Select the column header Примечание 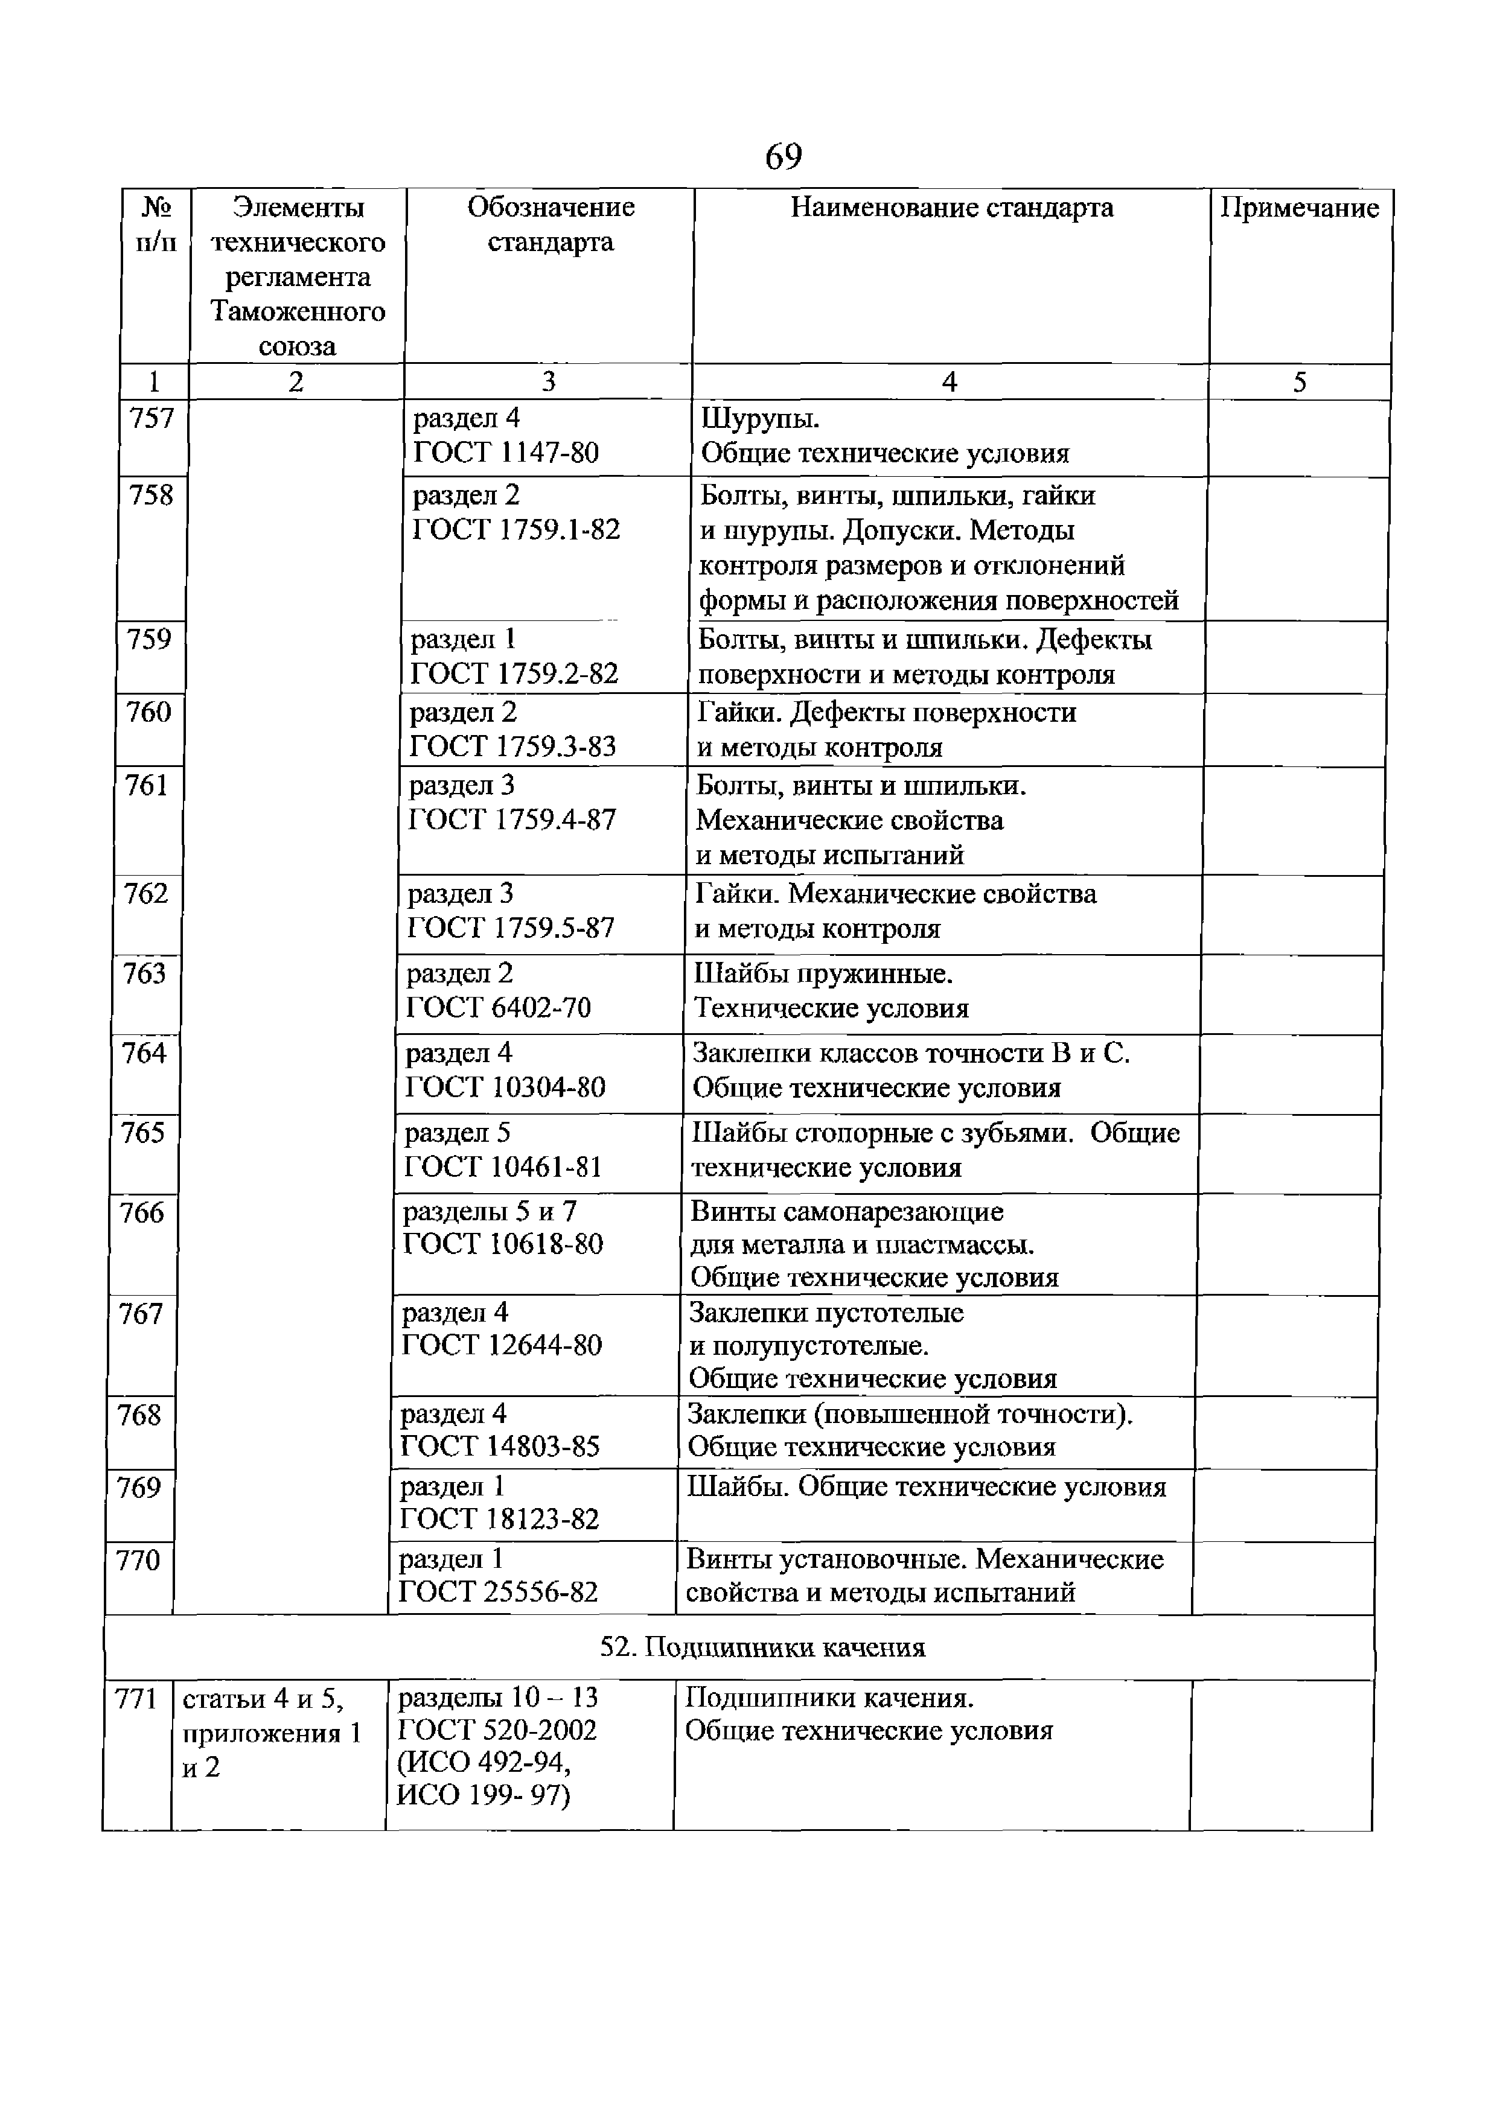coord(1300,208)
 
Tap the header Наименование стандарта coord(952,208)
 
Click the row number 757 coord(152,419)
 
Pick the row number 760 coord(148,712)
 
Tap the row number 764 coord(144,1053)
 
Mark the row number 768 coord(139,1415)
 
